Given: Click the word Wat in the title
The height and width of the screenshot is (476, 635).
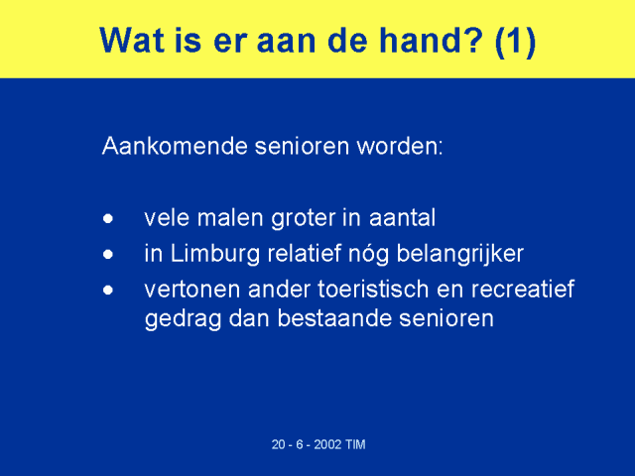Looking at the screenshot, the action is pyautogui.click(x=132, y=40).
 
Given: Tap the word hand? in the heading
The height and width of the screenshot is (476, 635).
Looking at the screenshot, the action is pyautogui.click(x=431, y=40).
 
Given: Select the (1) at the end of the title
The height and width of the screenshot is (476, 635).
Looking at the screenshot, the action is pyautogui.click(x=515, y=42).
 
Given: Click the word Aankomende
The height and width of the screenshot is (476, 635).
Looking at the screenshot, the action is pyautogui.click(x=175, y=146).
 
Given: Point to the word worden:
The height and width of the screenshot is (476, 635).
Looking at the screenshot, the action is pyautogui.click(x=400, y=146).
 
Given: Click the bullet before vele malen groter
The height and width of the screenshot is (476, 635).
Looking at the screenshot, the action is pyautogui.click(x=108, y=219).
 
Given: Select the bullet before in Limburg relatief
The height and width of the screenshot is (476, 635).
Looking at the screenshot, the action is pyautogui.click(x=108, y=255).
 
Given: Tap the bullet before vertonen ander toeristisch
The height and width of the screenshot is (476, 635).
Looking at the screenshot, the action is pyautogui.click(x=108, y=291).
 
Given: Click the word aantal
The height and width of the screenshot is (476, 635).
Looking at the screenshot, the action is pyautogui.click(x=402, y=218).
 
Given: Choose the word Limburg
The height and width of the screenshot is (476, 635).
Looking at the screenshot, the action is pyautogui.click(x=215, y=255).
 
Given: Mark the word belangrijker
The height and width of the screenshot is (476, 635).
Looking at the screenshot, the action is pyautogui.click(x=460, y=255).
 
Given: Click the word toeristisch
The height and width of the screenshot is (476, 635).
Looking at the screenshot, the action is pyautogui.click(x=373, y=289).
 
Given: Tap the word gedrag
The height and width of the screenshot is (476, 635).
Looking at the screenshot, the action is pyautogui.click(x=183, y=319).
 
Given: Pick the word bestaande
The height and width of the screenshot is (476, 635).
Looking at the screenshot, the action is pyautogui.click(x=334, y=318).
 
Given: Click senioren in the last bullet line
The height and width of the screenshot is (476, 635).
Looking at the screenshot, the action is pyautogui.click(x=446, y=318).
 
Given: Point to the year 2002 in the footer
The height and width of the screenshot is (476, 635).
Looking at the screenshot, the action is pyautogui.click(x=327, y=444).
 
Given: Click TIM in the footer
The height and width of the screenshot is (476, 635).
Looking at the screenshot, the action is pyautogui.click(x=355, y=444).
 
